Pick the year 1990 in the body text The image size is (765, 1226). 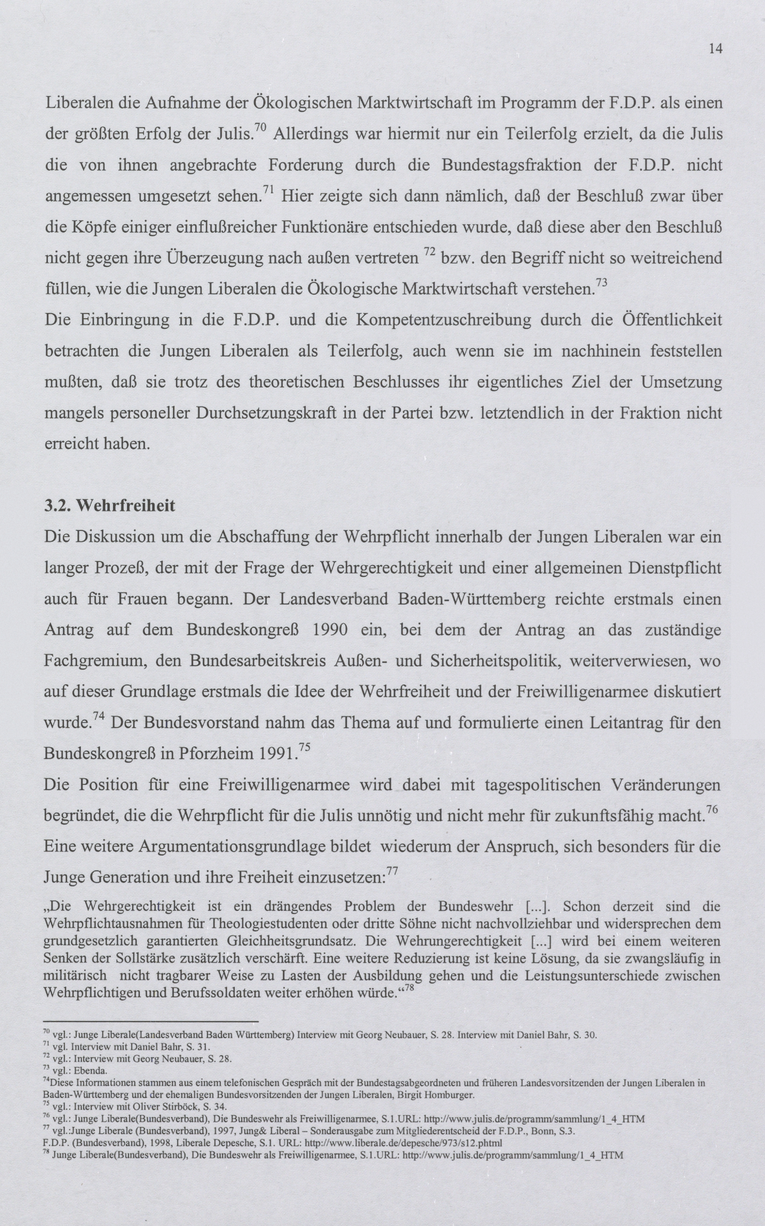pyautogui.click(x=330, y=630)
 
